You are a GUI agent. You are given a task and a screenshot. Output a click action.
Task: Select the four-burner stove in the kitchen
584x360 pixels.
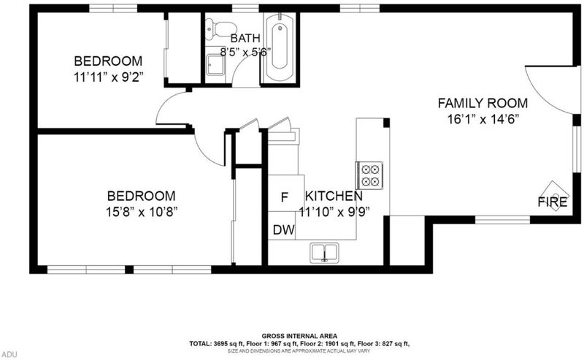(369, 175)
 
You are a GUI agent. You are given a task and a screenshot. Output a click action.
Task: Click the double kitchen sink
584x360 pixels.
(324, 253)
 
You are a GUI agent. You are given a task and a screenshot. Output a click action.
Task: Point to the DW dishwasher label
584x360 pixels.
(284, 230)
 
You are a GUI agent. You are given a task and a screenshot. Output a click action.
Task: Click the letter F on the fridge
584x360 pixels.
(284, 197)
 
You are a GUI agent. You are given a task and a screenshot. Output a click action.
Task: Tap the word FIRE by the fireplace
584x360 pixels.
(553, 202)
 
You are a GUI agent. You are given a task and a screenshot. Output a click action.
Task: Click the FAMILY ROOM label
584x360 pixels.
(483, 103)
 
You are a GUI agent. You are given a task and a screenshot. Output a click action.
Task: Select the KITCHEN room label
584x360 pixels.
(334, 196)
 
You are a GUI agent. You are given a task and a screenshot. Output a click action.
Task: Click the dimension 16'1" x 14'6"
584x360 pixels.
(483, 119)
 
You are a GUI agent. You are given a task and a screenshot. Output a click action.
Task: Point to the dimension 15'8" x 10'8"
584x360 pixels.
(141, 212)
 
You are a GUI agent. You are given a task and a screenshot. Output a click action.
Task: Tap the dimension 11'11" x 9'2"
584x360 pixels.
(109, 77)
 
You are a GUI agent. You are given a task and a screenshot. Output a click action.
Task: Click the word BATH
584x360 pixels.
(245, 38)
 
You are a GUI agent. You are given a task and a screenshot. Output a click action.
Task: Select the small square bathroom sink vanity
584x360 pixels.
(215, 65)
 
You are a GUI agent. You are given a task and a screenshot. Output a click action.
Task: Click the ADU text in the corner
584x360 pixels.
(9, 354)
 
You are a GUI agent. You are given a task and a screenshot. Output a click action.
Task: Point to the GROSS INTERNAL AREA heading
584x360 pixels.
(299, 336)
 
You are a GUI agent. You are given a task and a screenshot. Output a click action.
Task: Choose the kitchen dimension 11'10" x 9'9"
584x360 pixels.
(334, 212)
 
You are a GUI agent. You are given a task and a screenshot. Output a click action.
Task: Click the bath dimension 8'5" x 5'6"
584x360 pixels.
(245, 52)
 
